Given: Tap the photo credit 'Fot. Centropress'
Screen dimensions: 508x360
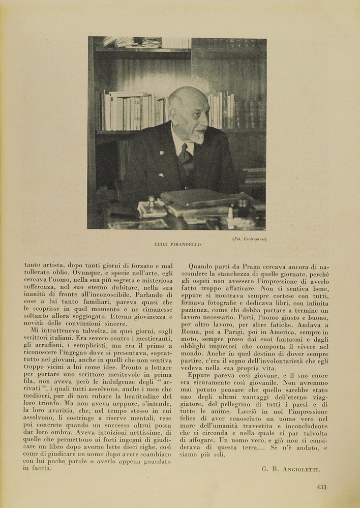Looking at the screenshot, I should point(250,239).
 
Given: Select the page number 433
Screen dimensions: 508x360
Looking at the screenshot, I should point(321,487).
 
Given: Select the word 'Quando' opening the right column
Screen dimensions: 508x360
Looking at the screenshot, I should point(201,266).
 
